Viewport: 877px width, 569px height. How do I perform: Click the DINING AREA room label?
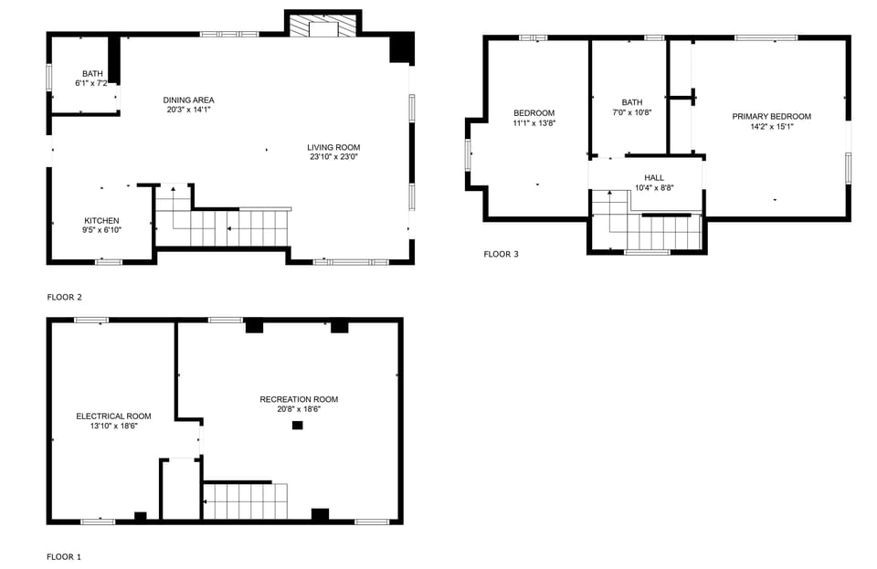click(188, 100)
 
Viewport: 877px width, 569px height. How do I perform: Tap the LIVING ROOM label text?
click(333, 147)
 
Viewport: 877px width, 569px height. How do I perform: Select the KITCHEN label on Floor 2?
click(101, 220)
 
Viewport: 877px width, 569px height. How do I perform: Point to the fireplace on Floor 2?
click(323, 26)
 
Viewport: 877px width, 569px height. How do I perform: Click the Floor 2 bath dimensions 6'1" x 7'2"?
click(91, 83)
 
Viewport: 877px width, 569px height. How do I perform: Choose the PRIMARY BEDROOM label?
click(771, 116)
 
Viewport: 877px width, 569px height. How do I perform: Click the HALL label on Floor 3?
click(654, 177)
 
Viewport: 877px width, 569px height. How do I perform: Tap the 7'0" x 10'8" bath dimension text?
click(631, 112)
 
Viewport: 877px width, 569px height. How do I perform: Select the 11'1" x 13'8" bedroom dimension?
click(534, 122)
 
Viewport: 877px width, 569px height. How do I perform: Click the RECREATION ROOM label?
click(299, 399)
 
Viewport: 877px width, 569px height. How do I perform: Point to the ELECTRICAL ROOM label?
click(113, 416)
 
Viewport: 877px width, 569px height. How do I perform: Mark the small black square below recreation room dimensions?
click(297, 425)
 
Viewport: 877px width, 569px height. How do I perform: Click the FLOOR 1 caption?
click(64, 556)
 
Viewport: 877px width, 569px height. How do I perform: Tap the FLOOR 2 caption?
click(64, 297)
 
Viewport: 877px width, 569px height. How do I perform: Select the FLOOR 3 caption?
click(501, 254)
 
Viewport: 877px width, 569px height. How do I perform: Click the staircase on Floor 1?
click(245, 501)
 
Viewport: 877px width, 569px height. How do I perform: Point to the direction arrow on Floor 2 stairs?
click(230, 228)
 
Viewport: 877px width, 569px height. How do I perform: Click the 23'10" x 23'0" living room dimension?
click(333, 157)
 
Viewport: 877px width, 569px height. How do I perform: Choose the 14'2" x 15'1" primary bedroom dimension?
click(771, 127)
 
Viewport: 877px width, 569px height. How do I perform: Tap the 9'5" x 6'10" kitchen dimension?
click(101, 230)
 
